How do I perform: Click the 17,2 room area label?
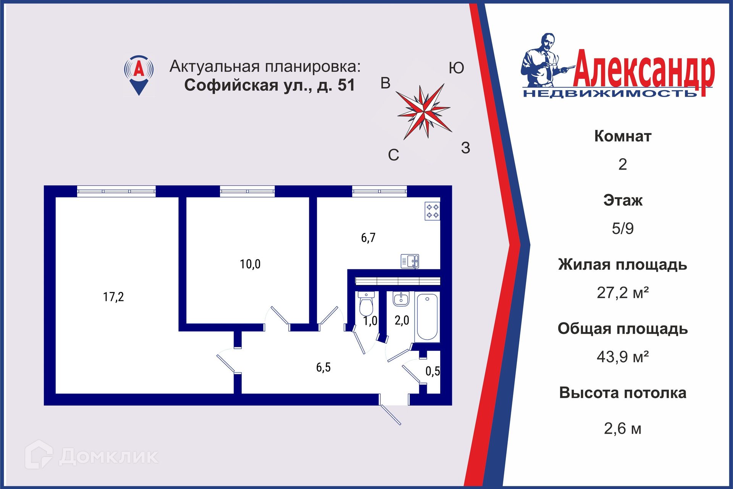[x=113, y=297]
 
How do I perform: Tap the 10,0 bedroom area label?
[x=250, y=264]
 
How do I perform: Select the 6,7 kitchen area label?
[x=368, y=238]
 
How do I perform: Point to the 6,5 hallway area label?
[x=323, y=368]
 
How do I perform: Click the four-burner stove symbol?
[x=432, y=211]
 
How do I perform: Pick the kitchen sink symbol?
[x=410, y=261]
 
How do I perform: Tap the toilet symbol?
[x=366, y=304]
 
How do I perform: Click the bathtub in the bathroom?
[x=427, y=317]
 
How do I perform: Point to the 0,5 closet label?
[x=433, y=371]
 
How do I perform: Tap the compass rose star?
[x=424, y=111]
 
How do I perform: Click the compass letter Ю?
[x=456, y=68]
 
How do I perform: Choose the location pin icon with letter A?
[x=139, y=74]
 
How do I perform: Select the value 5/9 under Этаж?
[x=622, y=228]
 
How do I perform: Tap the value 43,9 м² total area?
[x=622, y=357]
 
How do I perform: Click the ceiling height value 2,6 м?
[x=622, y=429]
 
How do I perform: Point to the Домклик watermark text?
[x=108, y=456]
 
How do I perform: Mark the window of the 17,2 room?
[x=116, y=191]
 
